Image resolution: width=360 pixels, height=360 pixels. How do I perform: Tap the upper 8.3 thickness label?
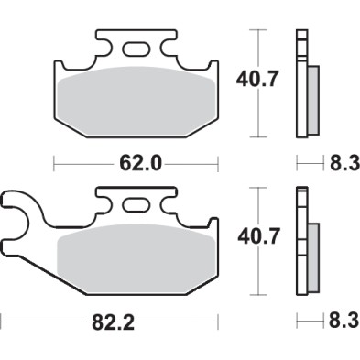344,165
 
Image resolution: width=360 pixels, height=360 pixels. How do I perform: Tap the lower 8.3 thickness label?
344,322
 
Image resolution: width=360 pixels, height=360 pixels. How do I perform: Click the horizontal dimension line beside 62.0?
82,165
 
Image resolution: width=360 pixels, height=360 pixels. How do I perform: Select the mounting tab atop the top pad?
137,42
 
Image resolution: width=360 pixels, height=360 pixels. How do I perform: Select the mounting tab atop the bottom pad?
138,198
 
